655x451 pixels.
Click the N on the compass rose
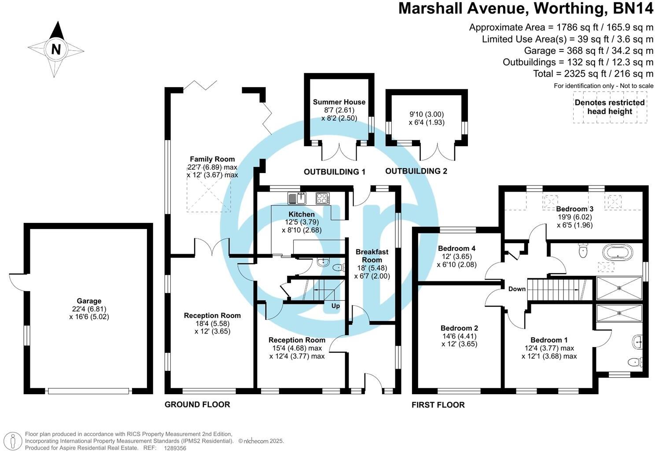tap(56, 49)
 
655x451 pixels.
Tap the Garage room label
tap(89, 301)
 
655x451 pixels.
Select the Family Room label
tap(212, 159)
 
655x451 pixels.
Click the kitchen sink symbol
tap(297, 199)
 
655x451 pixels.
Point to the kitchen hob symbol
tap(322, 199)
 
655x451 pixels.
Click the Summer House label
tap(339, 102)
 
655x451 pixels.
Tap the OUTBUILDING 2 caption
tap(416, 171)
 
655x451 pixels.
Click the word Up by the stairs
tap(335, 306)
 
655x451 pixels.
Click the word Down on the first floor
tap(517, 289)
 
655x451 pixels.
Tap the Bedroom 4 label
tap(456, 248)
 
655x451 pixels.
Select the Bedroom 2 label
tap(459, 328)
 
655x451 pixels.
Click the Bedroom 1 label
tap(549, 340)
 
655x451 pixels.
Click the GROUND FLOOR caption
tap(197, 404)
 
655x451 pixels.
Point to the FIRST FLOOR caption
tap(438, 405)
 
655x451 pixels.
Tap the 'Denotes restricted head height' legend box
tap(610, 107)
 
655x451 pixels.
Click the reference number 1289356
tap(175, 448)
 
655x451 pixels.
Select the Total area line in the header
tap(593, 74)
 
